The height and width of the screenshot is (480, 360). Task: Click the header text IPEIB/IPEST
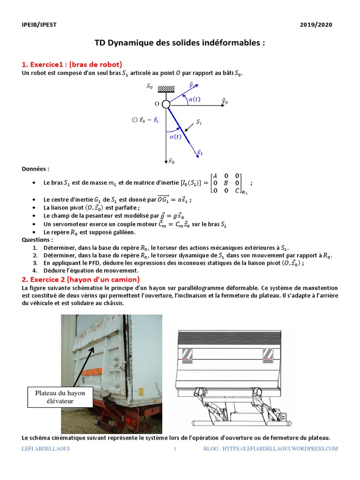tap(39, 25)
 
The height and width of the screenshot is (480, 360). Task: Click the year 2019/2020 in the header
tap(316, 25)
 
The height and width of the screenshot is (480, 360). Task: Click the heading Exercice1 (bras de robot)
tap(72, 64)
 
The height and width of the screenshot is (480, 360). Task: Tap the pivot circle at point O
tap(166, 104)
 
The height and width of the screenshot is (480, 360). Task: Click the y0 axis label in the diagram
tap(225, 101)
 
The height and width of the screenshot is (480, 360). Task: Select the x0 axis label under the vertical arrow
tap(171, 161)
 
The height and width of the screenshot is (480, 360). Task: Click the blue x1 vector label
tap(200, 152)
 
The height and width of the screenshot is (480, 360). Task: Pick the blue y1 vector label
tap(192, 85)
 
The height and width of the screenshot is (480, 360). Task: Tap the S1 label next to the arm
tap(199, 122)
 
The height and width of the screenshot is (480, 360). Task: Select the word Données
tap(36, 169)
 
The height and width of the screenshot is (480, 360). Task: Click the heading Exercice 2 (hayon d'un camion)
tap(81, 279)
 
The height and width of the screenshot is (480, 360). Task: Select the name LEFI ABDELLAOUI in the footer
tap(47, 449)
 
